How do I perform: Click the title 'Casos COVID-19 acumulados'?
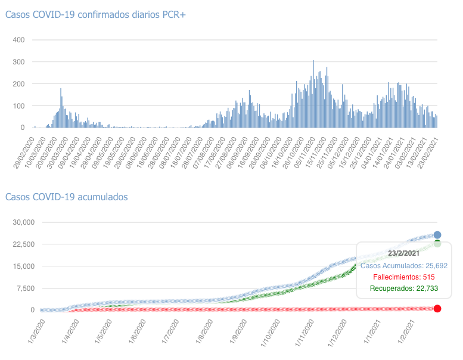(x=66, y=197)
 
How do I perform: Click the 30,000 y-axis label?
(x=23, y=222)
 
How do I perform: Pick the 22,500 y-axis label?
(x=23, y=244)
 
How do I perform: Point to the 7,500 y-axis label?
(x=25, y=288)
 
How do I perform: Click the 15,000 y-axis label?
(x=23, y=266)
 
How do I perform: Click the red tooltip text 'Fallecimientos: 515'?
(x=403, y=277)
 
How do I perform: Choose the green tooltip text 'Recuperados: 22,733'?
(x=403, y=289)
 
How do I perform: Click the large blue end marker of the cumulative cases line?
(x=437, y=235)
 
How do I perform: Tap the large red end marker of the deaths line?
(x=437, y=308)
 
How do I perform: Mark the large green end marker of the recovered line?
(x=437, y=243)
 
